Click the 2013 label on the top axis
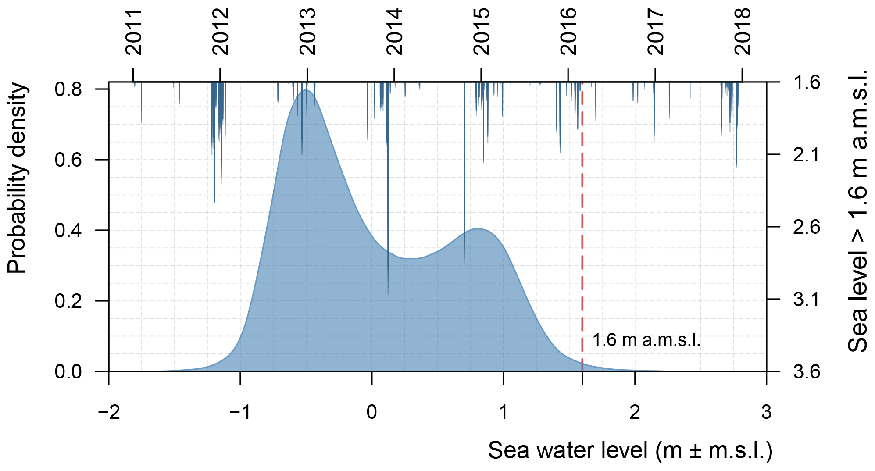[307, 32]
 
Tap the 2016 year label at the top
[569, 32]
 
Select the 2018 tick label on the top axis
[743, 32]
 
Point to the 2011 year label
[134, 32]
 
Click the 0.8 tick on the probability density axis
[68, 89]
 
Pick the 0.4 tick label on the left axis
[68, 231]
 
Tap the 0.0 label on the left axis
[68, 372]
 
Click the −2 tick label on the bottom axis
[109, 412]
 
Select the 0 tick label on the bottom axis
[372, 412]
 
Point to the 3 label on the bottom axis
[766, 412]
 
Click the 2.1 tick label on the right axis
[806, 155]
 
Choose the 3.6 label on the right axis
[806, 372]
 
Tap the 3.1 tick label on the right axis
[806, 300]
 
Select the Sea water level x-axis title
[630, 451]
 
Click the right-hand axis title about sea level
[858, 211]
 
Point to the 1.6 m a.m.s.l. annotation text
[646, 340]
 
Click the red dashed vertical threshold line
[582, 219]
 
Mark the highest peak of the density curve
[307, 90]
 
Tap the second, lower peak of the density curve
[478, 228]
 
